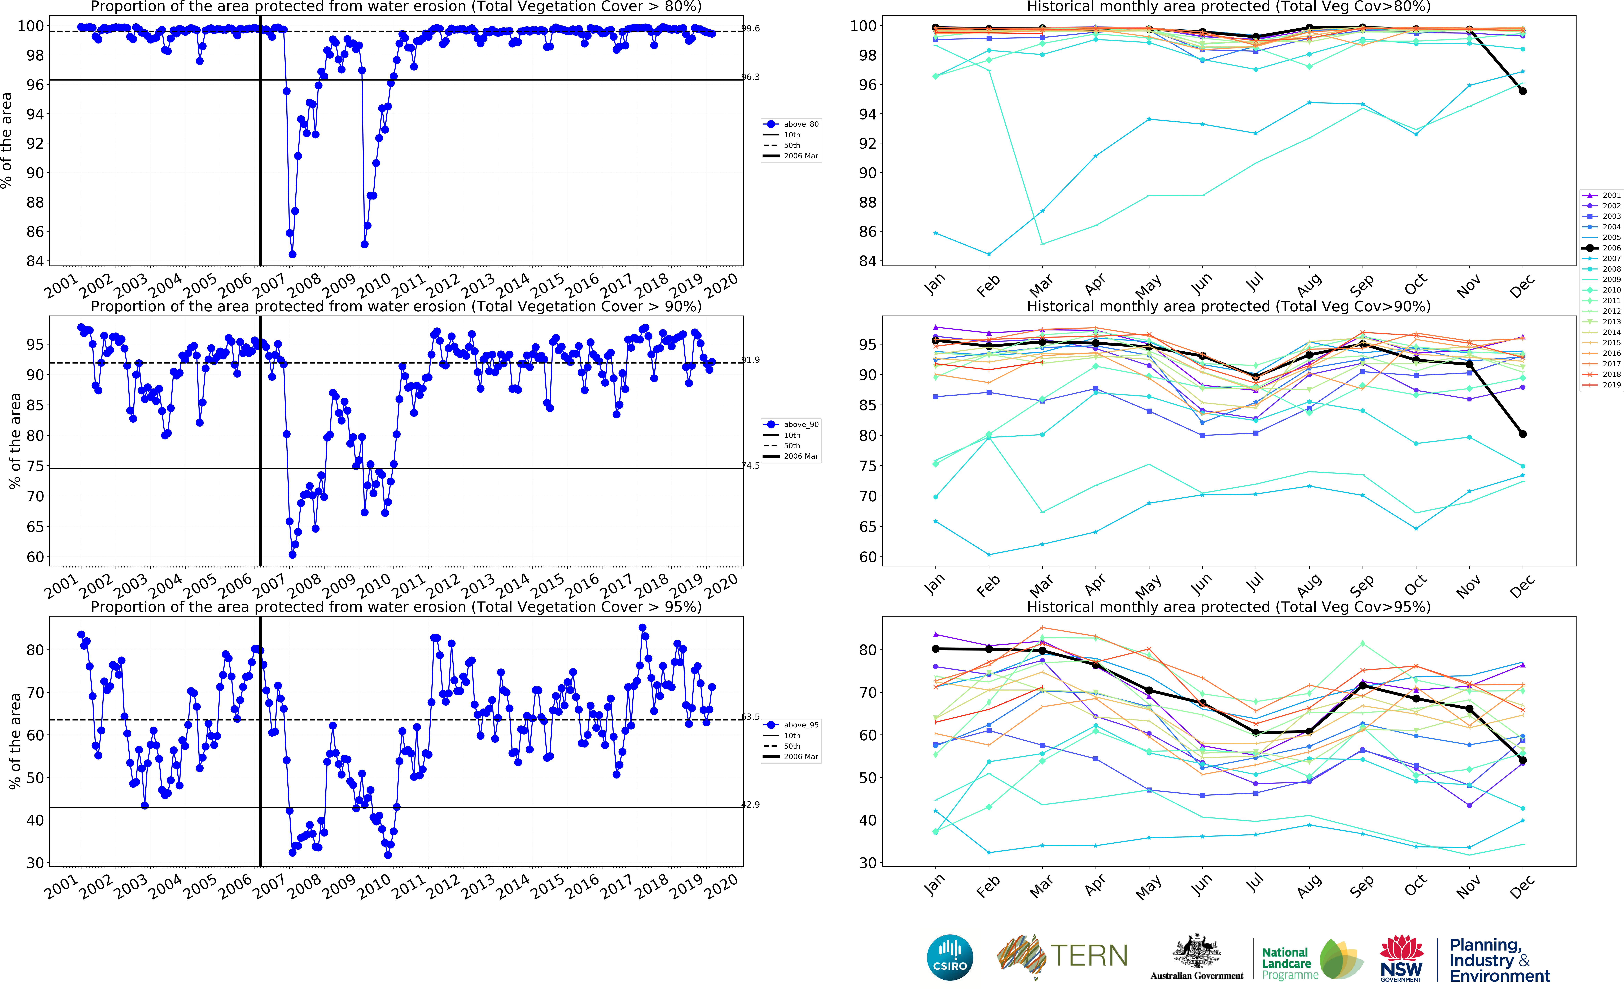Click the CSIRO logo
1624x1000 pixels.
(950, 957)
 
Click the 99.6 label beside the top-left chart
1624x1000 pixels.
(751, 28)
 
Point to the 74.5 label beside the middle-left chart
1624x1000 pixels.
(751, 466)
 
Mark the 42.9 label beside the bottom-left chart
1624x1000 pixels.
(751, 805)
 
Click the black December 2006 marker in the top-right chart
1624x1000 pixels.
(1523, 91)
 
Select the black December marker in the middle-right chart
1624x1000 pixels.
(1523, 434)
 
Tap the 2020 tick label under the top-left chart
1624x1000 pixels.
(721, 286)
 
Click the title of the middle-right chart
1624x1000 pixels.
(1228, 306)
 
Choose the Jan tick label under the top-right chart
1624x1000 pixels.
(934, 284)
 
